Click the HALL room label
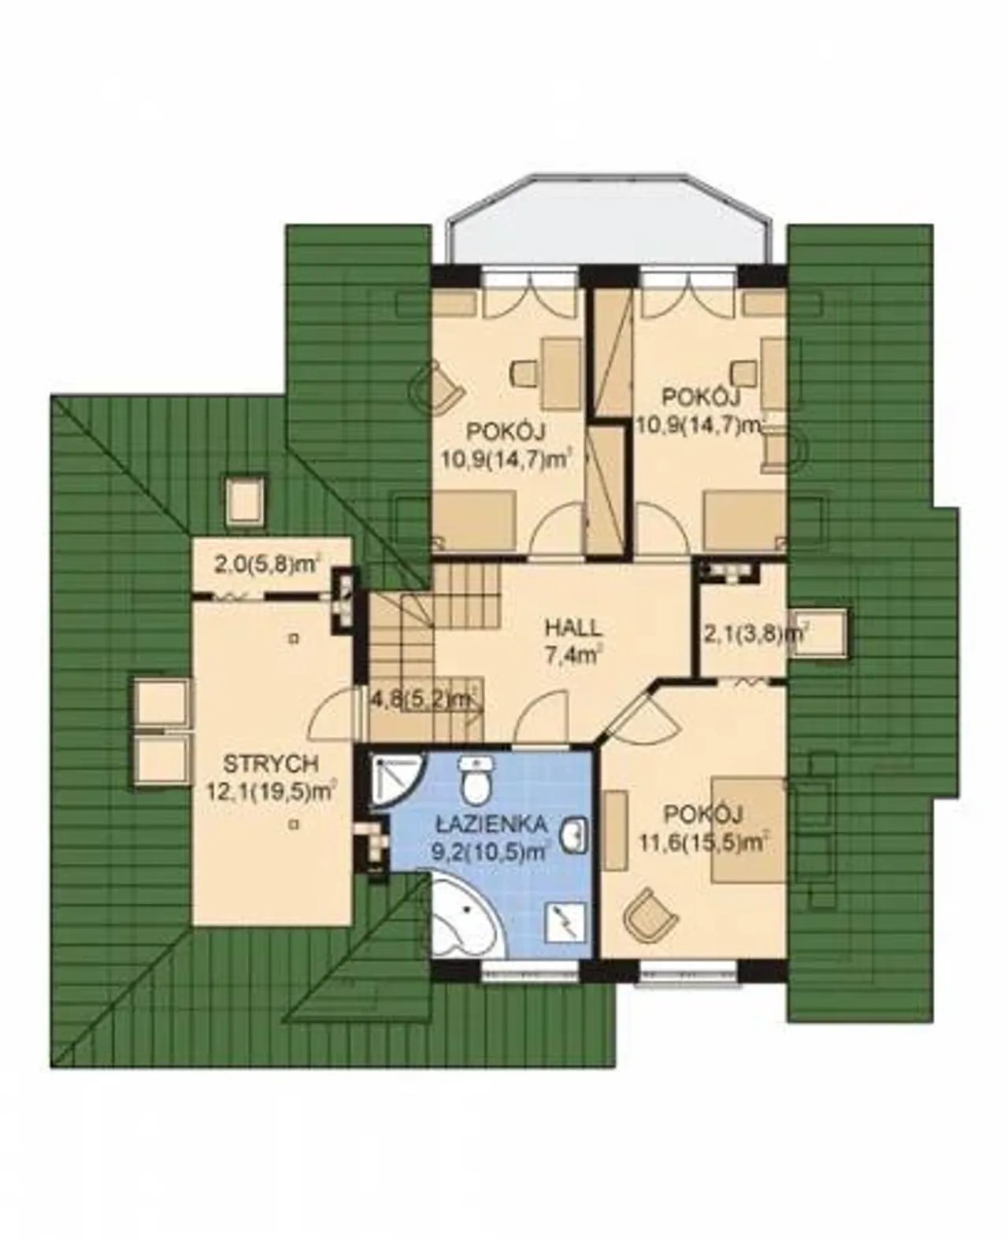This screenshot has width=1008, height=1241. click(573, 628)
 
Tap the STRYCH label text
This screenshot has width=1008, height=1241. click(272, 764)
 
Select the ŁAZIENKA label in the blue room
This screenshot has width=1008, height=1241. click(493, 824)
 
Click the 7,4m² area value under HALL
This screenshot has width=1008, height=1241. click(573, 655)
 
